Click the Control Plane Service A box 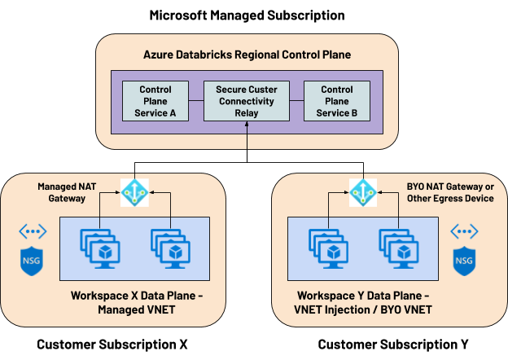[155, 100]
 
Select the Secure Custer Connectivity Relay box [246, 100]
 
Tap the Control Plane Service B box [337, 100]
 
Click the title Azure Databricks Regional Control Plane [247, 55]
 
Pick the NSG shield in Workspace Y [463, 262]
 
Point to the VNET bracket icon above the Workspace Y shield [463, 232]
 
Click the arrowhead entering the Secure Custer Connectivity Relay [247, 125]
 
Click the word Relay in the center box [246, 112]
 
